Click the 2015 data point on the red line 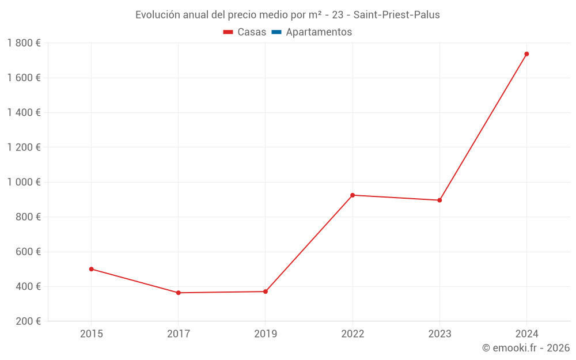91,269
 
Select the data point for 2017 179,293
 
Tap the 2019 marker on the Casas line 266,291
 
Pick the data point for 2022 353,195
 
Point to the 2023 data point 439,200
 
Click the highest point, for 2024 526,54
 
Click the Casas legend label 252,32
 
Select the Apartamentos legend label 319,32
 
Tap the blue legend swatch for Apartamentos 276,32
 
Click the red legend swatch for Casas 228,32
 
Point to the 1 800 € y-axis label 24,43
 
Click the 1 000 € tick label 24,182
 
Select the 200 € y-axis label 28,321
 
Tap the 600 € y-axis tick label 28,252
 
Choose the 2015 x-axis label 91,334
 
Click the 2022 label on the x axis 353,334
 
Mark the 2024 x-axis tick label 526,334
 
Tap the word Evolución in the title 156,15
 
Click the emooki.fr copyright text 526,348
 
